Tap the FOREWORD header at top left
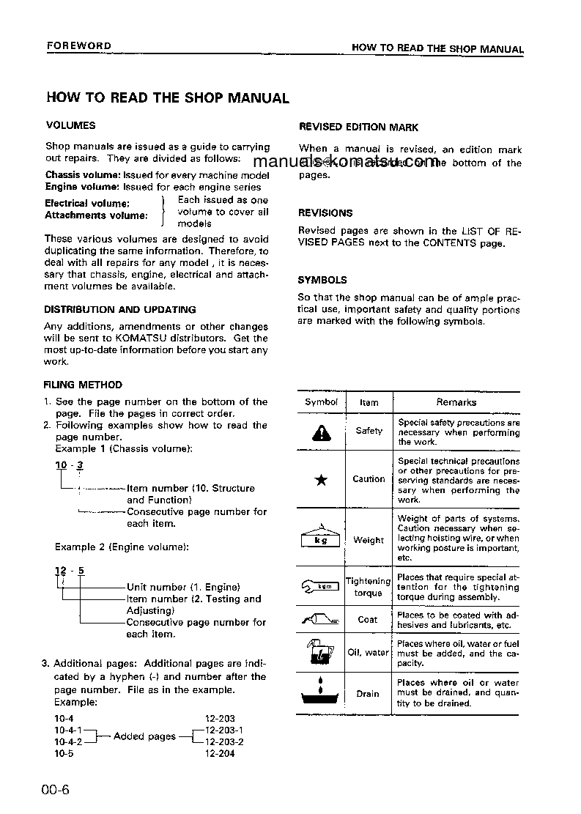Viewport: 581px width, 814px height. point(78,46)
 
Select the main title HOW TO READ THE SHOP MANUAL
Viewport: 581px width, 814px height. point(167,97)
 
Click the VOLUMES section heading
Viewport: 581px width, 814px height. point(70,125)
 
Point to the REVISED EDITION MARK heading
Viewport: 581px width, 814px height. point(358,127)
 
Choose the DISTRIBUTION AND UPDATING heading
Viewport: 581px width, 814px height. point(119,309)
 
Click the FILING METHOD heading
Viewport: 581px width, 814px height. point(83,385)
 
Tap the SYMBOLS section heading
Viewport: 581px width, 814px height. point(322,280)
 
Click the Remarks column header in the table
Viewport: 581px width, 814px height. point(456,402)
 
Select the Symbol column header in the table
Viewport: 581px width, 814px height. point(321,402)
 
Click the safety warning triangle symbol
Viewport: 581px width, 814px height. point(321,433)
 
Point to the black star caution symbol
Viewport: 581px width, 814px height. point(321,481)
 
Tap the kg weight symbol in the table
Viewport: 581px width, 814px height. point(321,539)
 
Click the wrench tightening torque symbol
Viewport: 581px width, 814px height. point(321,586)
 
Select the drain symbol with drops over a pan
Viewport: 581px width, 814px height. point(321,694)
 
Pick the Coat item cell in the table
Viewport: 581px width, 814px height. point(368,619)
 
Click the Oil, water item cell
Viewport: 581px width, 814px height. point(368,652)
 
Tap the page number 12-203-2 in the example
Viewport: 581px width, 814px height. point(224,741)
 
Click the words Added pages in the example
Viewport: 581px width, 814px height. point(144,736)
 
